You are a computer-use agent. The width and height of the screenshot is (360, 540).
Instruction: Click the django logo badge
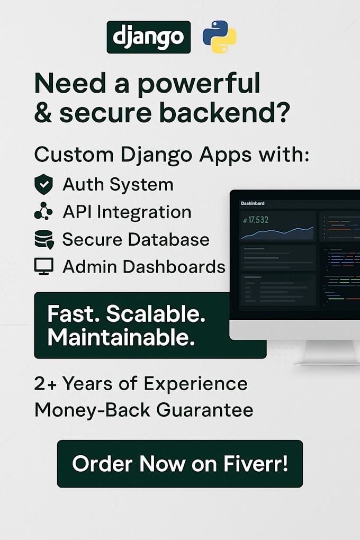[x=148, y=37]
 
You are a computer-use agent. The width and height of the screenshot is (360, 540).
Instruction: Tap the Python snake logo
[x=220, y=37]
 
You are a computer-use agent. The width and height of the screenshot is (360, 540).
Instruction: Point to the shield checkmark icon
[x=43, y=185]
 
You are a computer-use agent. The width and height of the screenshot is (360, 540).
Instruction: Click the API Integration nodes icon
[x=43, y=212]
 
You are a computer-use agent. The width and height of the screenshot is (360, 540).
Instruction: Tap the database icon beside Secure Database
[x=44, y=240]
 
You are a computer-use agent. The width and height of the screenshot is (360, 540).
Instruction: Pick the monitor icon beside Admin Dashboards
[x=43, y=266]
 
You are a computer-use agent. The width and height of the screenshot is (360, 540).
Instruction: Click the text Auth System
[x=118, y=185]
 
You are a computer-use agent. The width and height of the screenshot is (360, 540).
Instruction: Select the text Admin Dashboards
[x=144, y=266]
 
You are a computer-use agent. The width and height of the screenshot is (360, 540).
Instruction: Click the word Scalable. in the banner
[x=156, y=314]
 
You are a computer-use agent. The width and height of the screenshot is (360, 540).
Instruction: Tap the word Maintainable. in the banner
[x=121, y=338]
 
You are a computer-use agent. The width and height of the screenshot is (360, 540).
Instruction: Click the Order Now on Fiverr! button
[x=180, y=464]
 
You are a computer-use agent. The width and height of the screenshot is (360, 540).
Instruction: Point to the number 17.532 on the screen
[x=256, y=220]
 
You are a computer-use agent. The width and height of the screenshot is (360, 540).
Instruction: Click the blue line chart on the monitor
[x=277, y=231]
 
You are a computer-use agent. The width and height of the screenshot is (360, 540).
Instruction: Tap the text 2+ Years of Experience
[x=141, y=384]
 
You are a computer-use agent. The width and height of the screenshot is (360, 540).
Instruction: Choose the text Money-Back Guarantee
[x=143, y=410]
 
